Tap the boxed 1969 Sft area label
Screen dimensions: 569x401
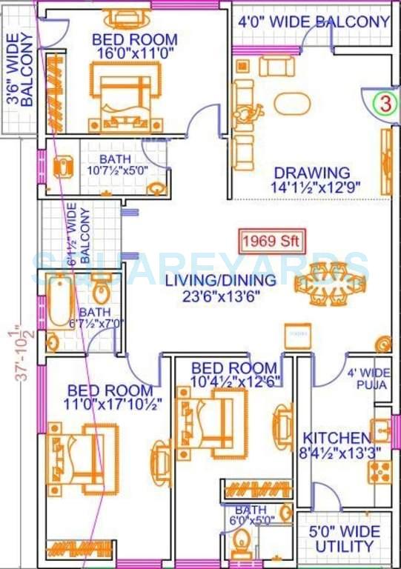271,242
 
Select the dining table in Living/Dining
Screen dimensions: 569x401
330,284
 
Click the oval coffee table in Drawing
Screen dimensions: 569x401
292,103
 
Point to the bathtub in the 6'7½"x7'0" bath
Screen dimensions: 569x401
61,301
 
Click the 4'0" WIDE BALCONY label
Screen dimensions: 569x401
313,21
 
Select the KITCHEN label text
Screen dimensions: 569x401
336,438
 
